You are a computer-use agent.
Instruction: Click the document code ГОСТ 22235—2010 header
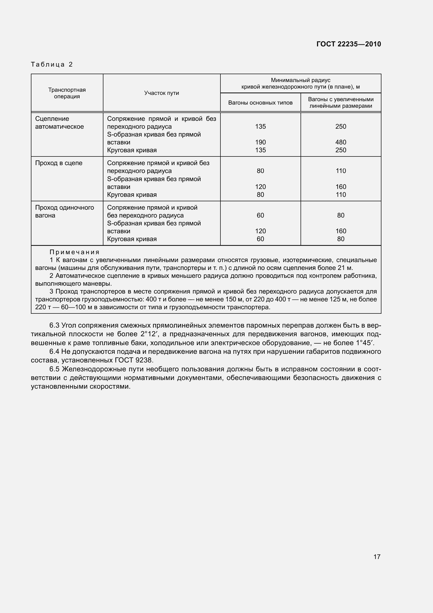coord(348,44)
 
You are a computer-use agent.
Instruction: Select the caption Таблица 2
coord(52,64)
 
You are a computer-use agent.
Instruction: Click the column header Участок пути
coord(161,93)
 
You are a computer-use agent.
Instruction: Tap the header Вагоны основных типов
coord(260,103)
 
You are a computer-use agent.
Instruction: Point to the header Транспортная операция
coord(67,93)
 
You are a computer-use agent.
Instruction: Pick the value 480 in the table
coord(341,142)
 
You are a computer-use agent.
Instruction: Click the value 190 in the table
coord(260,142)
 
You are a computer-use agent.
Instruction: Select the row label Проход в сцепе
coord(59,163)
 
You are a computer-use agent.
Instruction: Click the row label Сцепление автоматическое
coord(59,123)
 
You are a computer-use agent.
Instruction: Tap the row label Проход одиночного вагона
coord(64,211)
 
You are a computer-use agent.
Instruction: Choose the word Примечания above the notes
coord(74,252)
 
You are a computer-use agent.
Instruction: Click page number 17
coord(377,556)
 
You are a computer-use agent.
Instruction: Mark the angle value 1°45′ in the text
coord(364,343)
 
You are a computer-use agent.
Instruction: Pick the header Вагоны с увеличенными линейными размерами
coord(341,102)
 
